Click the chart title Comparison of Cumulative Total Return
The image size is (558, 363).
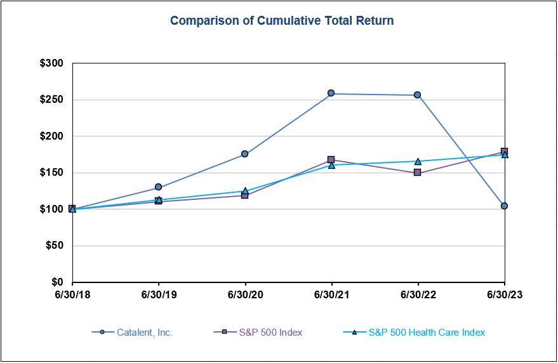tap(282, 21)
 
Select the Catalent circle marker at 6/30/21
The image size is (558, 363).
tap(331, 93)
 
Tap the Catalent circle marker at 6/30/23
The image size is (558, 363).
tap(504, 206)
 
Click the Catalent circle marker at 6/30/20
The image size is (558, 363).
tap(245, 154)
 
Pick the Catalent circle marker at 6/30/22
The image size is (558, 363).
tap(418, 95)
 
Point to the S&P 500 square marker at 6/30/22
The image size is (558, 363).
tap(418, 172)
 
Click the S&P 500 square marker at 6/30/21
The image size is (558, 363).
tap(331, 160)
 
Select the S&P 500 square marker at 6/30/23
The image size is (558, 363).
tap(504, 151)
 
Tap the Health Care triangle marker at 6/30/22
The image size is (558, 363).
tap(418, 161)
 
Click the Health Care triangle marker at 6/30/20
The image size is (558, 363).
tap(245, 190)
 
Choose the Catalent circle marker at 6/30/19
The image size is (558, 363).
tap(159, 187)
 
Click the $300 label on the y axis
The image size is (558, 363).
tap(52, 63)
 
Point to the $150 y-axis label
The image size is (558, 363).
tap(52, 173)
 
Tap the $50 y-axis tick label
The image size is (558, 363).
tap(55, 246)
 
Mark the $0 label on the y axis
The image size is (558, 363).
tap(58, 282)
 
